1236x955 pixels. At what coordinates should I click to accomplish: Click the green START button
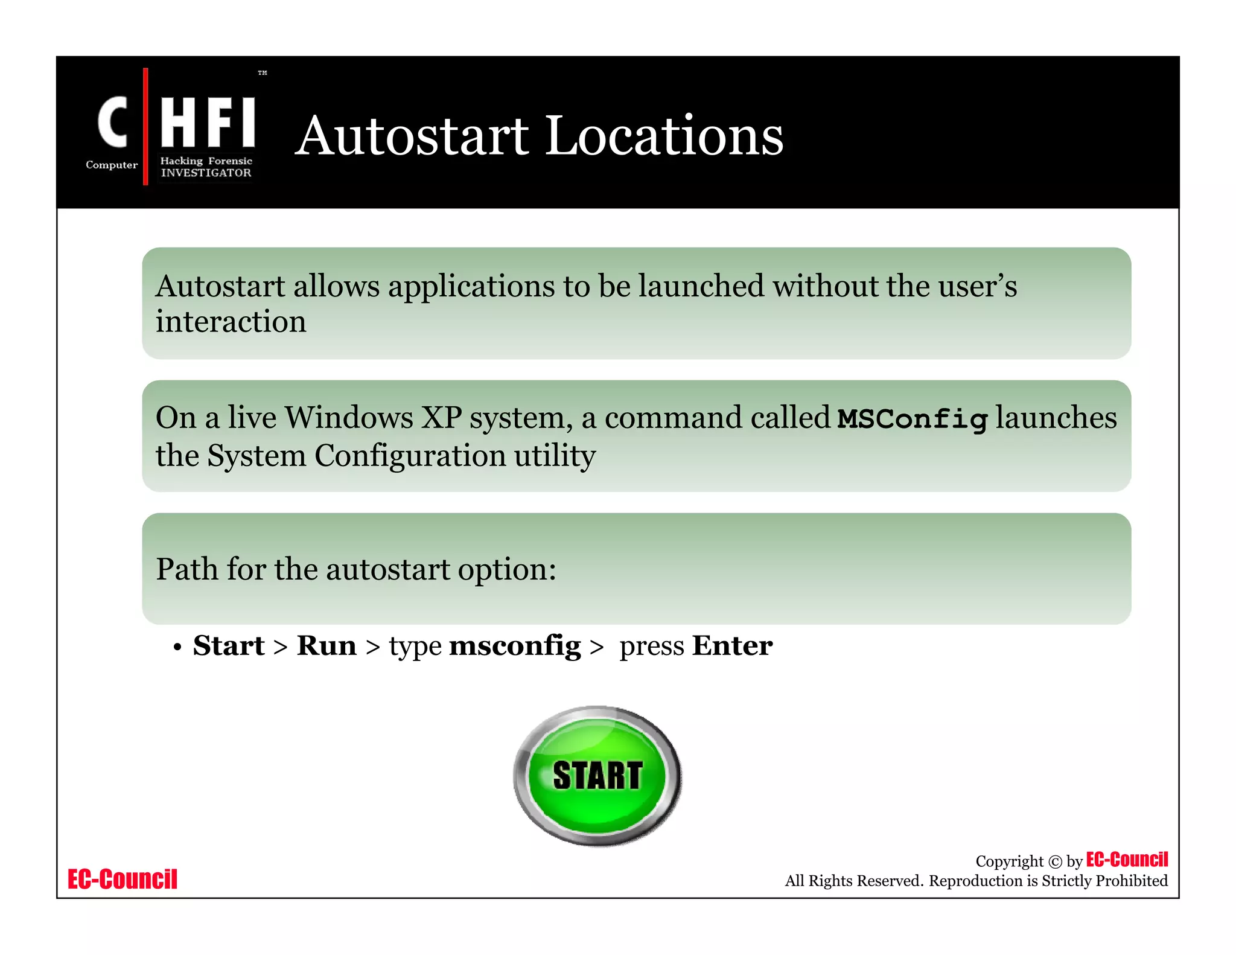coord(597,776)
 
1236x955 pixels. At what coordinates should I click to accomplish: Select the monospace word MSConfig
coord(913,419)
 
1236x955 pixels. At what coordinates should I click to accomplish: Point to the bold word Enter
coord(732,646)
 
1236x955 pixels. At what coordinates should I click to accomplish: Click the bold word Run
coord(327,646)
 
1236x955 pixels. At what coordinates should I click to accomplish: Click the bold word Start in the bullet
coord(229,646)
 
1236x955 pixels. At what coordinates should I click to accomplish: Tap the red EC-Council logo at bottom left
coord(123,879)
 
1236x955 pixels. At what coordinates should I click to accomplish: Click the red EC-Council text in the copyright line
coord(1127,860)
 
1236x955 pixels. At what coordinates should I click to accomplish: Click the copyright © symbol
coord(1055,862)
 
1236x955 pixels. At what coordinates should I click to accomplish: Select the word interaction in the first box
coord(231,322)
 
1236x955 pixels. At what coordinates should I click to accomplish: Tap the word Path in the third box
coord(186,569)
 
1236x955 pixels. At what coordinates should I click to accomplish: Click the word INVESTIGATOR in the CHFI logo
coord(206,173)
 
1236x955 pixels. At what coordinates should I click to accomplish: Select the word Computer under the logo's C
coord(112,165)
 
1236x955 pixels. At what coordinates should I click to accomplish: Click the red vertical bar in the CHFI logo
coord(145,126)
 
